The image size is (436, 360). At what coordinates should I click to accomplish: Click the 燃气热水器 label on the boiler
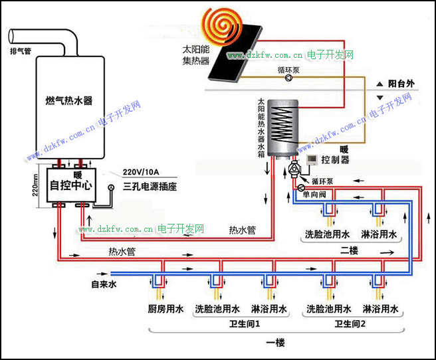tap(69, 100)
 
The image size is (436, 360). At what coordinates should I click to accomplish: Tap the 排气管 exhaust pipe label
tap(21, 51)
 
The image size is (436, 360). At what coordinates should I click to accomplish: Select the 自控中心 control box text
tap(71, 185)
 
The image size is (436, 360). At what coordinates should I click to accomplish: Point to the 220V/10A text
tap(141, 172)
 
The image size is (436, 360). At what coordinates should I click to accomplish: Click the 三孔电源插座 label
tap(150, 187)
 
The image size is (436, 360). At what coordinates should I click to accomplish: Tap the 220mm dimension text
tap(35, 185)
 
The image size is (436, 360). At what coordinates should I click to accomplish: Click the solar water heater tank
tap(282, 128)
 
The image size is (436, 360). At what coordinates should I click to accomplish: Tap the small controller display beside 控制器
tap(312, 159)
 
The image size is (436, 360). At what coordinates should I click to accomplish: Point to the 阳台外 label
tap(401, 83)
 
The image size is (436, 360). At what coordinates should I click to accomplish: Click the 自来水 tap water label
tap(104, 284)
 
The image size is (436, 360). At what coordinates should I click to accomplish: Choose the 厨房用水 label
tap(165, 309)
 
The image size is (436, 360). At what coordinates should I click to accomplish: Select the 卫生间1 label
tap(245, 323)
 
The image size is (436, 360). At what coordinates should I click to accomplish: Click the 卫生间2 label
tap(350, 323)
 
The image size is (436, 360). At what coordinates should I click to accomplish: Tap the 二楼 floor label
tap(349, 250)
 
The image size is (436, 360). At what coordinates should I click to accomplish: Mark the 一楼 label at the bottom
tap(276, 343)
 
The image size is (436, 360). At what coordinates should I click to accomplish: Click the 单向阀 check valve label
tap(314, 194)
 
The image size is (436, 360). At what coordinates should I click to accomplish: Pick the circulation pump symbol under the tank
tap(294, 169)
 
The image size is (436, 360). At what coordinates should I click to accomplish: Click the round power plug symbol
tap(112, 187)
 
